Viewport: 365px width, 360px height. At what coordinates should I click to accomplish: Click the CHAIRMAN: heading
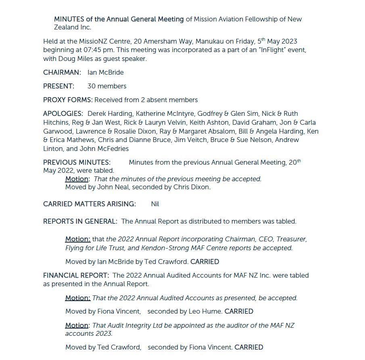pyautogui.click(x=62, y=73)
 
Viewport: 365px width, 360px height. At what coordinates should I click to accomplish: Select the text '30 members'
pyautogui.click(x=107, y=86)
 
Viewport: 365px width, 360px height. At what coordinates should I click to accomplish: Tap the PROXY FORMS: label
pyautogui.click(x=68, y=100)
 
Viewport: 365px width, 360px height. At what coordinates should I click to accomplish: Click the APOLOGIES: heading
pyautogui.click(x=63, y=114)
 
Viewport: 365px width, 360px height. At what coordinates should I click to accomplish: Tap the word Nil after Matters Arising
pyautogui.click(x=155, y=204)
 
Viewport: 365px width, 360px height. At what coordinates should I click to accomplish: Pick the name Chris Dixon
pyautogui.click(x=192, y=187)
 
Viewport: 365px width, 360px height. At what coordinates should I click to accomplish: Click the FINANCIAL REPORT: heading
pyautogui.click(x=76, y=276)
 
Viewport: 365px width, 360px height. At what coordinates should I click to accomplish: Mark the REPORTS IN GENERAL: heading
pyautogui.click(x=80, y=222)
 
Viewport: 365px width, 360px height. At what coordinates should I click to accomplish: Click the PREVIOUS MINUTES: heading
pyautogui.click(x=77, y=163)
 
